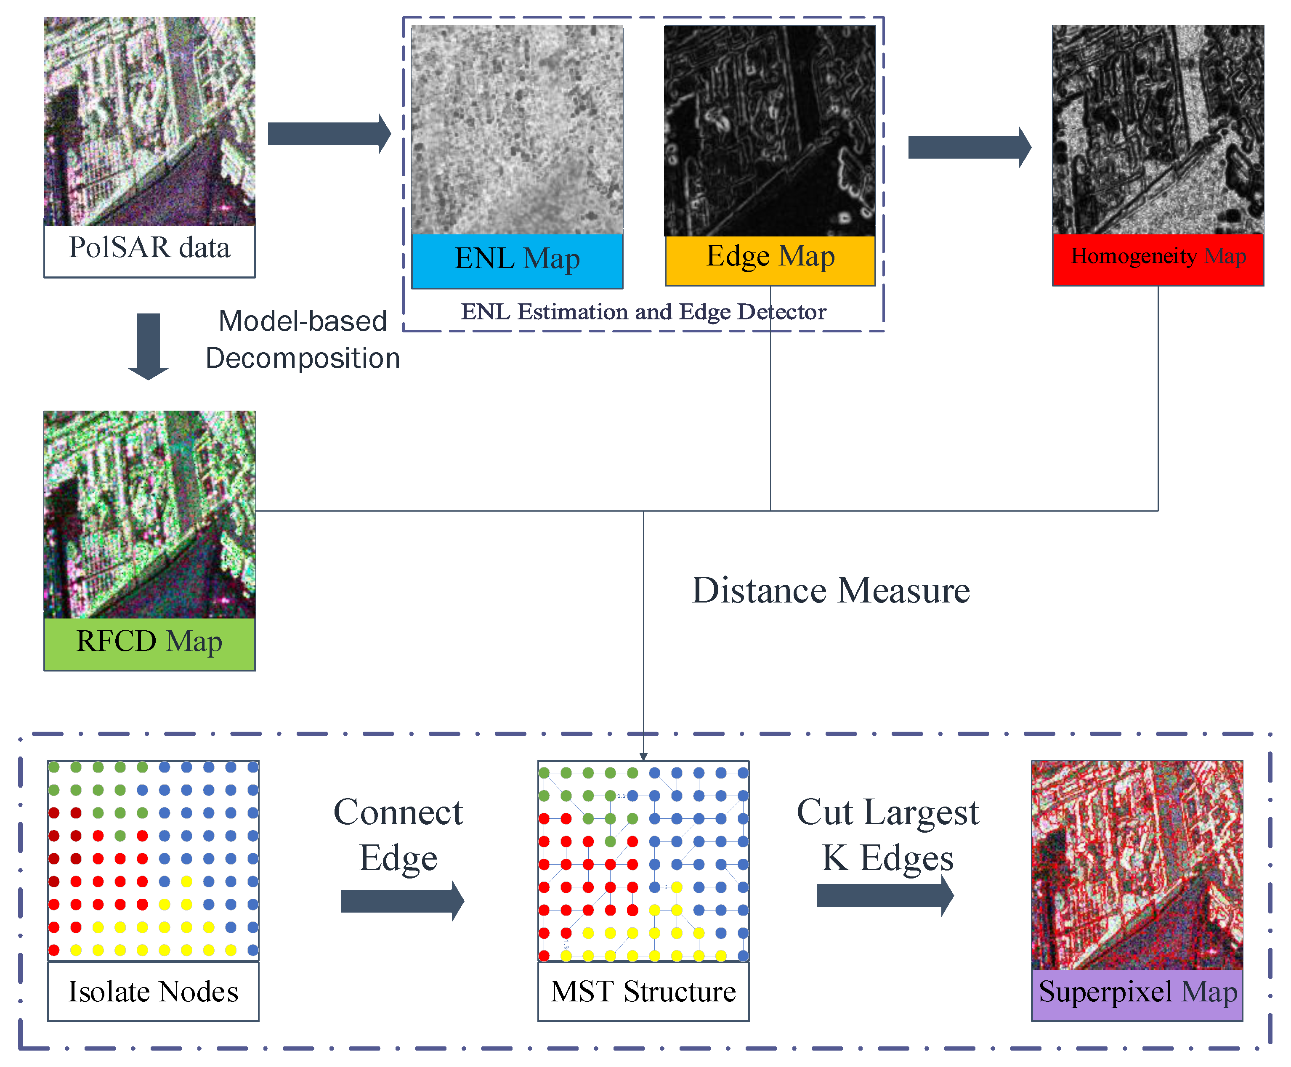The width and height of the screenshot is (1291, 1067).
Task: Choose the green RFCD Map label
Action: pos(149,643)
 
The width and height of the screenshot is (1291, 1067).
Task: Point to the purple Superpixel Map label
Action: pos(1137,993)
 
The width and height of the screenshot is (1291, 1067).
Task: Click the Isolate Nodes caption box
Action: pos(153,991)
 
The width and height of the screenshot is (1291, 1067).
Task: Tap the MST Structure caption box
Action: pos(643,991)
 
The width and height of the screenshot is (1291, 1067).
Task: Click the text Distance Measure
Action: pos(831,591)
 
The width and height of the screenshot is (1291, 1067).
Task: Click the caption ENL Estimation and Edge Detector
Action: pos(643,312)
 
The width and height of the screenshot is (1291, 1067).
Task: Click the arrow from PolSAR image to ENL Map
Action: pos(329,133)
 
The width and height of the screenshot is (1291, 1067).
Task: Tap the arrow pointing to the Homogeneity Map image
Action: pos(969,147)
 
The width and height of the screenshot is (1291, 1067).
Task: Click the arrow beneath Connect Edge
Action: pos(402,901)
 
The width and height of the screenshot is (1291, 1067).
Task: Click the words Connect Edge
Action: pos(398,835)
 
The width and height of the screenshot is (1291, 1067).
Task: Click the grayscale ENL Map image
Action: pos(517,129)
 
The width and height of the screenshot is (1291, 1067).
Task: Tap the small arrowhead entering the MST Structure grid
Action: pos(643,756)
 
